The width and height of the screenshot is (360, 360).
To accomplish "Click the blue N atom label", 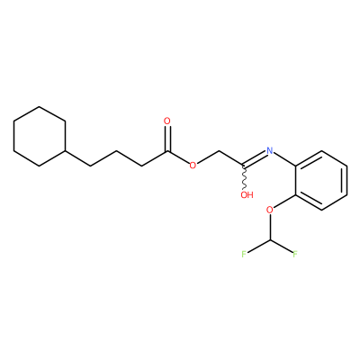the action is point(270,150).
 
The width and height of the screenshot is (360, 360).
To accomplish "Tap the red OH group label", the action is point(247,195).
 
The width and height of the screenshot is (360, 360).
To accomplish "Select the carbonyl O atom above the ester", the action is point(167,121).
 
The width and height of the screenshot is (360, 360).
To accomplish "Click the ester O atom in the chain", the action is point(193,165).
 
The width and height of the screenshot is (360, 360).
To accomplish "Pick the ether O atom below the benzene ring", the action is point(270,210).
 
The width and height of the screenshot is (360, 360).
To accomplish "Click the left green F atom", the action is point(244,255).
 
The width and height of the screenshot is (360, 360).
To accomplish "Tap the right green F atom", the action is point(295,255).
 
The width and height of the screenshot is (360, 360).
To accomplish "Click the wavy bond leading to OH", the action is point(245,177).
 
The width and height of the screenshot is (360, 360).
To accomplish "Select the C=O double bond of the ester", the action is point(167,139).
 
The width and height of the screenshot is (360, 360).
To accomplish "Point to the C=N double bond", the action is point(255,158).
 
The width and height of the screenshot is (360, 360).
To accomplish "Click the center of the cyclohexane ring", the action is point(40,136).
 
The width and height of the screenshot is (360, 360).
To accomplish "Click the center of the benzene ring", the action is point(321,180).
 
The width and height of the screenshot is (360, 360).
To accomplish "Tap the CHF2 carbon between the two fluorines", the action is point(270,240).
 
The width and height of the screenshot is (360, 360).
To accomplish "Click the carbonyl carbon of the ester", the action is point(167,151).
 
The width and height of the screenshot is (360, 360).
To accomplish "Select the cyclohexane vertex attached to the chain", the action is point(65,150).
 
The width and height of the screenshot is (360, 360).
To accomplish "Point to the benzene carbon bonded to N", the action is point(296,166).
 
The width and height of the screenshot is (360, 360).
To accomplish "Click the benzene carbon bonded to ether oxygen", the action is point(296,195).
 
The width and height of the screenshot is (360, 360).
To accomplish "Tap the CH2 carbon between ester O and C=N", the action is point(219,151).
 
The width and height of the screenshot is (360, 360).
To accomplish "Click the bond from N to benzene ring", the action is point(284,158).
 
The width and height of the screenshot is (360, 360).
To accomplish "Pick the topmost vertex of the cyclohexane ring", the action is point(40,106).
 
